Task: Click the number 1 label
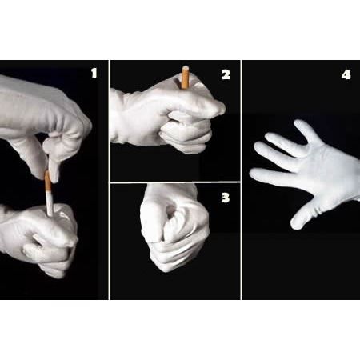pos(94,73)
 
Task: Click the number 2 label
pos(226,74)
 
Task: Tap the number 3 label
pos(226,198)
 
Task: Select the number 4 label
pos(346,74)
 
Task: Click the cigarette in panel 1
pos(48,193)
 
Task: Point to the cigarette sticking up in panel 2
pos(185,78)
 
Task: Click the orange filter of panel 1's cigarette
pos(48,181)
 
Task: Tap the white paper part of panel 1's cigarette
pos(50,203)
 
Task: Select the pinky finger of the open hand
pos(306,131)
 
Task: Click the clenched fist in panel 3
pos(174,226)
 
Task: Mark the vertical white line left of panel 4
pos(242,180)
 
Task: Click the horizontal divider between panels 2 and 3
pos(175,182)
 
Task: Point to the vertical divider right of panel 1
pos(109,180)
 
